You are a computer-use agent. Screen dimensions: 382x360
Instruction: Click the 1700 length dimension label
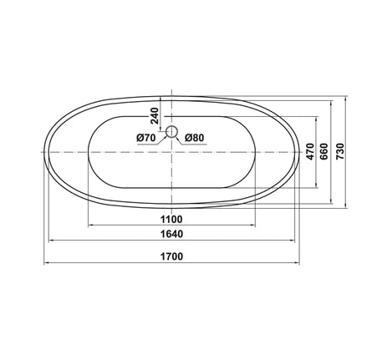171,256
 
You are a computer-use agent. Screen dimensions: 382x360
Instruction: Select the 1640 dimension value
171,234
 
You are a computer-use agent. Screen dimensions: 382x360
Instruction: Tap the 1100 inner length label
171,220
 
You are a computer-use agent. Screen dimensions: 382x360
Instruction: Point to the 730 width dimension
340,151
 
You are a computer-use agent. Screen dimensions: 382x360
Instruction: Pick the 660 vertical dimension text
324,151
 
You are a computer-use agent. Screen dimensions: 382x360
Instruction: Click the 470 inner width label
310,151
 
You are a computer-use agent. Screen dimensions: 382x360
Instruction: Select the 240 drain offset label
154,115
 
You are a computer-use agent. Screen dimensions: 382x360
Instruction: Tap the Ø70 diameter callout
145,138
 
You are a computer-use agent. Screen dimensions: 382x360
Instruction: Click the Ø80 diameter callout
195,138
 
